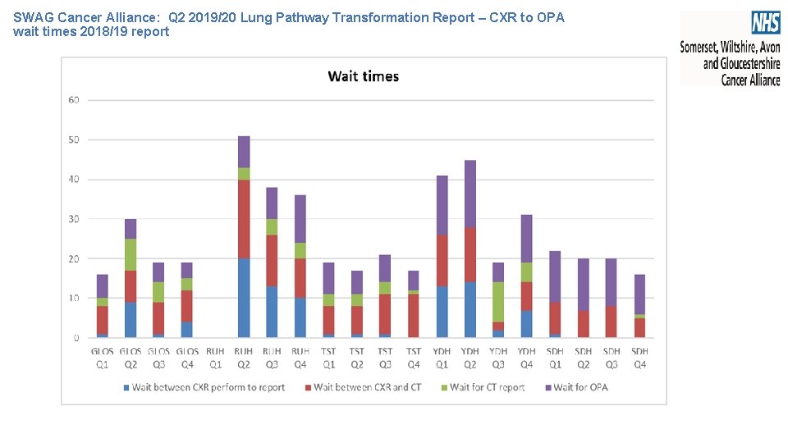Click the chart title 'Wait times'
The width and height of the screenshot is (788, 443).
pos(363,76)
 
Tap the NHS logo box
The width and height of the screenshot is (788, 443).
pos(765,22)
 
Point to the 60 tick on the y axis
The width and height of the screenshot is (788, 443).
pos(74,100)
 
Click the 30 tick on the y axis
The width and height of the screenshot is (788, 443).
pos(74,219)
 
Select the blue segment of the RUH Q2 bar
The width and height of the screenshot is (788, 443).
pos(244,298)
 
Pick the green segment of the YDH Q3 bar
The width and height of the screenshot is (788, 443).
pos(498,302)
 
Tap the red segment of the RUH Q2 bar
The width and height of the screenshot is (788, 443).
pos(244,219)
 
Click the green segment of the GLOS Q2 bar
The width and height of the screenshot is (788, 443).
pos(131,254)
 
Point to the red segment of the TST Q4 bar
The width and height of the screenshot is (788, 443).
pos(414,316)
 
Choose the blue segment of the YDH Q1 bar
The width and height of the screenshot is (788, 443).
pos(442,312)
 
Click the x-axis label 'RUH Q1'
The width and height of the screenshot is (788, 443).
pos(215,358)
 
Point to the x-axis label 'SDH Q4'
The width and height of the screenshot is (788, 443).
pos(640,358)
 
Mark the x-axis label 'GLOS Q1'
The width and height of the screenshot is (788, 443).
pos(103,358)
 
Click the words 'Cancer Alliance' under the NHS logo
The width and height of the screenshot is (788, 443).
pos(750,80)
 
